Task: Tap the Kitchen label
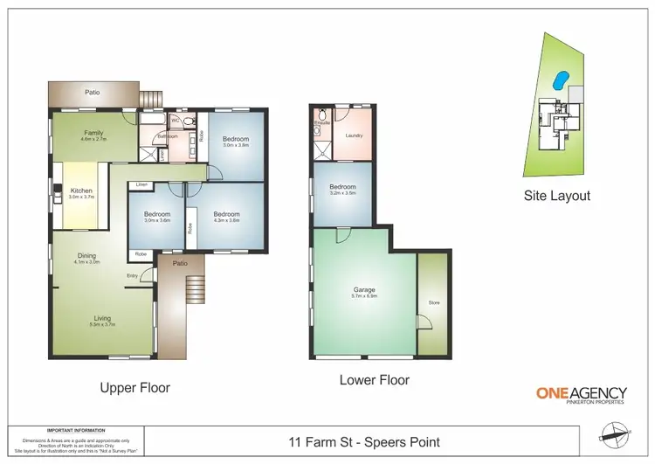coord(80,190)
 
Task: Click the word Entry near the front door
coord(132,276)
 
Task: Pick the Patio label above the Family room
coord(92,90)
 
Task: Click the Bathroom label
coord(168,136)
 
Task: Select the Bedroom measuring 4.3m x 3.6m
coord(226,214)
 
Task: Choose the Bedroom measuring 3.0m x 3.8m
coord(235,140)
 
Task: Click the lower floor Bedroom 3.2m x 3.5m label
coord(342,188)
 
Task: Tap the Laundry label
coord(354,135)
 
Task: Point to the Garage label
coord(364,289)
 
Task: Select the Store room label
coord(433,302)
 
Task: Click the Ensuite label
coord(320,123)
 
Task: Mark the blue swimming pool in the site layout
coord(559,80)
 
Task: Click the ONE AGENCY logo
coord(573,395)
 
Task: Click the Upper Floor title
coord(134,387)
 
